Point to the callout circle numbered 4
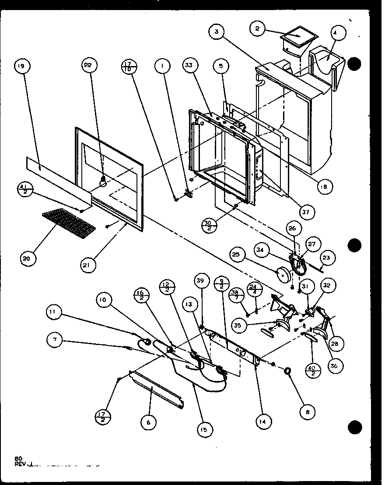339,33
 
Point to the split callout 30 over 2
207,226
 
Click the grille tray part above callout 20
69,222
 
